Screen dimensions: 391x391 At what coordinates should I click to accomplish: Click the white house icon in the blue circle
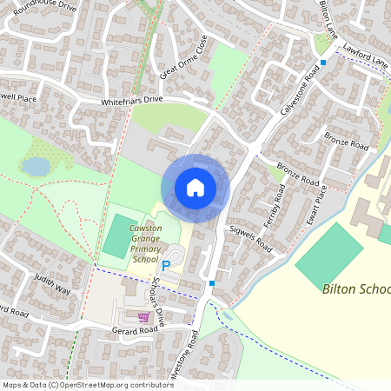pyautogui.click(x=195, y=187)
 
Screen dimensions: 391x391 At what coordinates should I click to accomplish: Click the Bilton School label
pyautogui.click(x=355, y=288)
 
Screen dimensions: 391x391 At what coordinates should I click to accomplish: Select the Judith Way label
pyautogui.click(x=51, y=284)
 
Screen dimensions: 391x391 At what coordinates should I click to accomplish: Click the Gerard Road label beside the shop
pyautogui.click(x=135, y=330)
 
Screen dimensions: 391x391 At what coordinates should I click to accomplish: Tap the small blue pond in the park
pyautogui.click(x=36, y=165)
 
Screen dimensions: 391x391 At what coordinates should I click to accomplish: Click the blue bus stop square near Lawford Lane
pyautogui.click(x=323, y=63)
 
